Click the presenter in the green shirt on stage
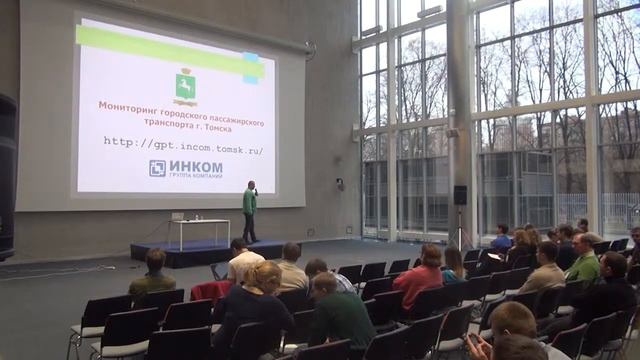point(249,207)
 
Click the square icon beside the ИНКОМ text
point(157,167)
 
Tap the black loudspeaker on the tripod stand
point(460,195)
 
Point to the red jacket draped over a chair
point(212,291)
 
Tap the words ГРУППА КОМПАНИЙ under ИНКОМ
point(196,175)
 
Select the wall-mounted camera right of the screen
point(339,184)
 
